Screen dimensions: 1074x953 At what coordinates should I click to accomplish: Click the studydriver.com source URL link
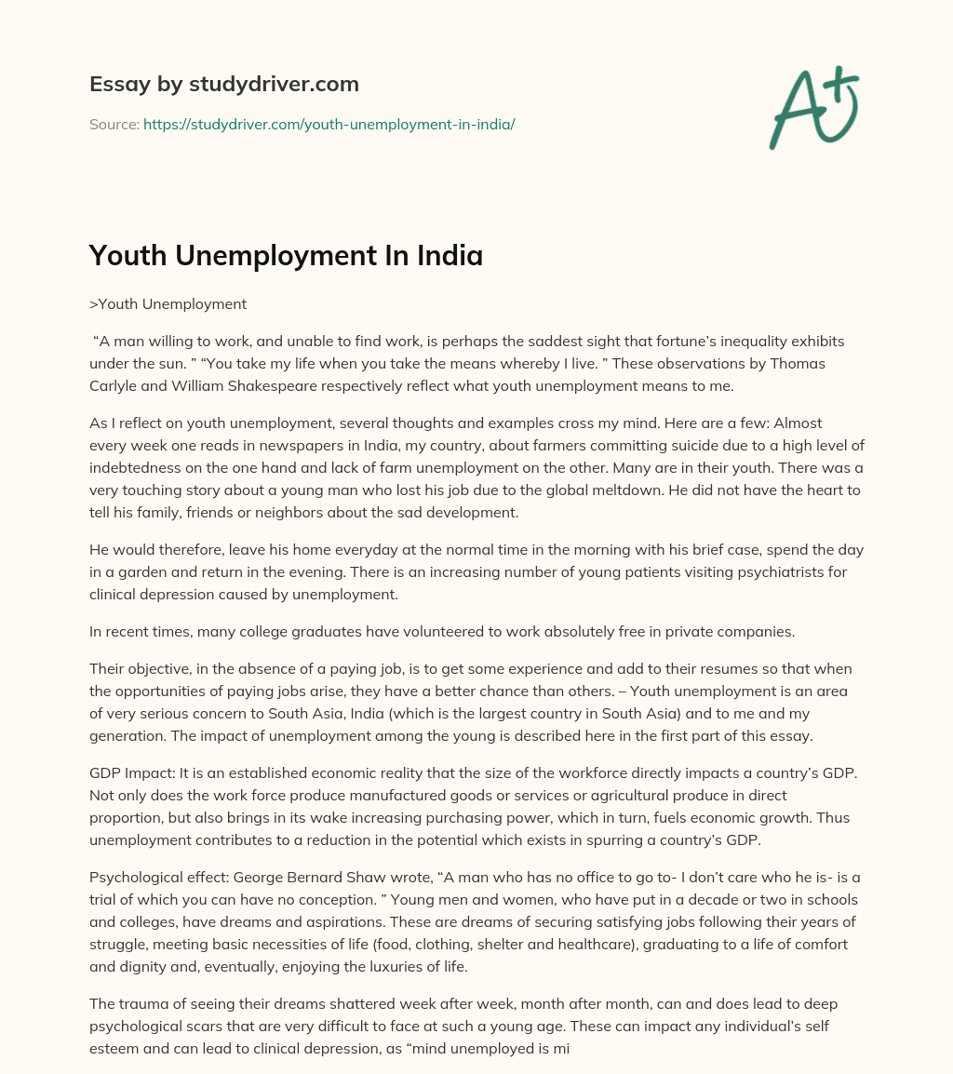[x=329, y=124]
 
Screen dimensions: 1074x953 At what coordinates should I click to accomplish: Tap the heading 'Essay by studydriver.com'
[x=223, y=84]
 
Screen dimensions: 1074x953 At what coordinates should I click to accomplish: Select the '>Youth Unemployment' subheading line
[x=168, y=303]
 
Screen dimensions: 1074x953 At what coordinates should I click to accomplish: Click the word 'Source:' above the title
[x=114, y=124]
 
